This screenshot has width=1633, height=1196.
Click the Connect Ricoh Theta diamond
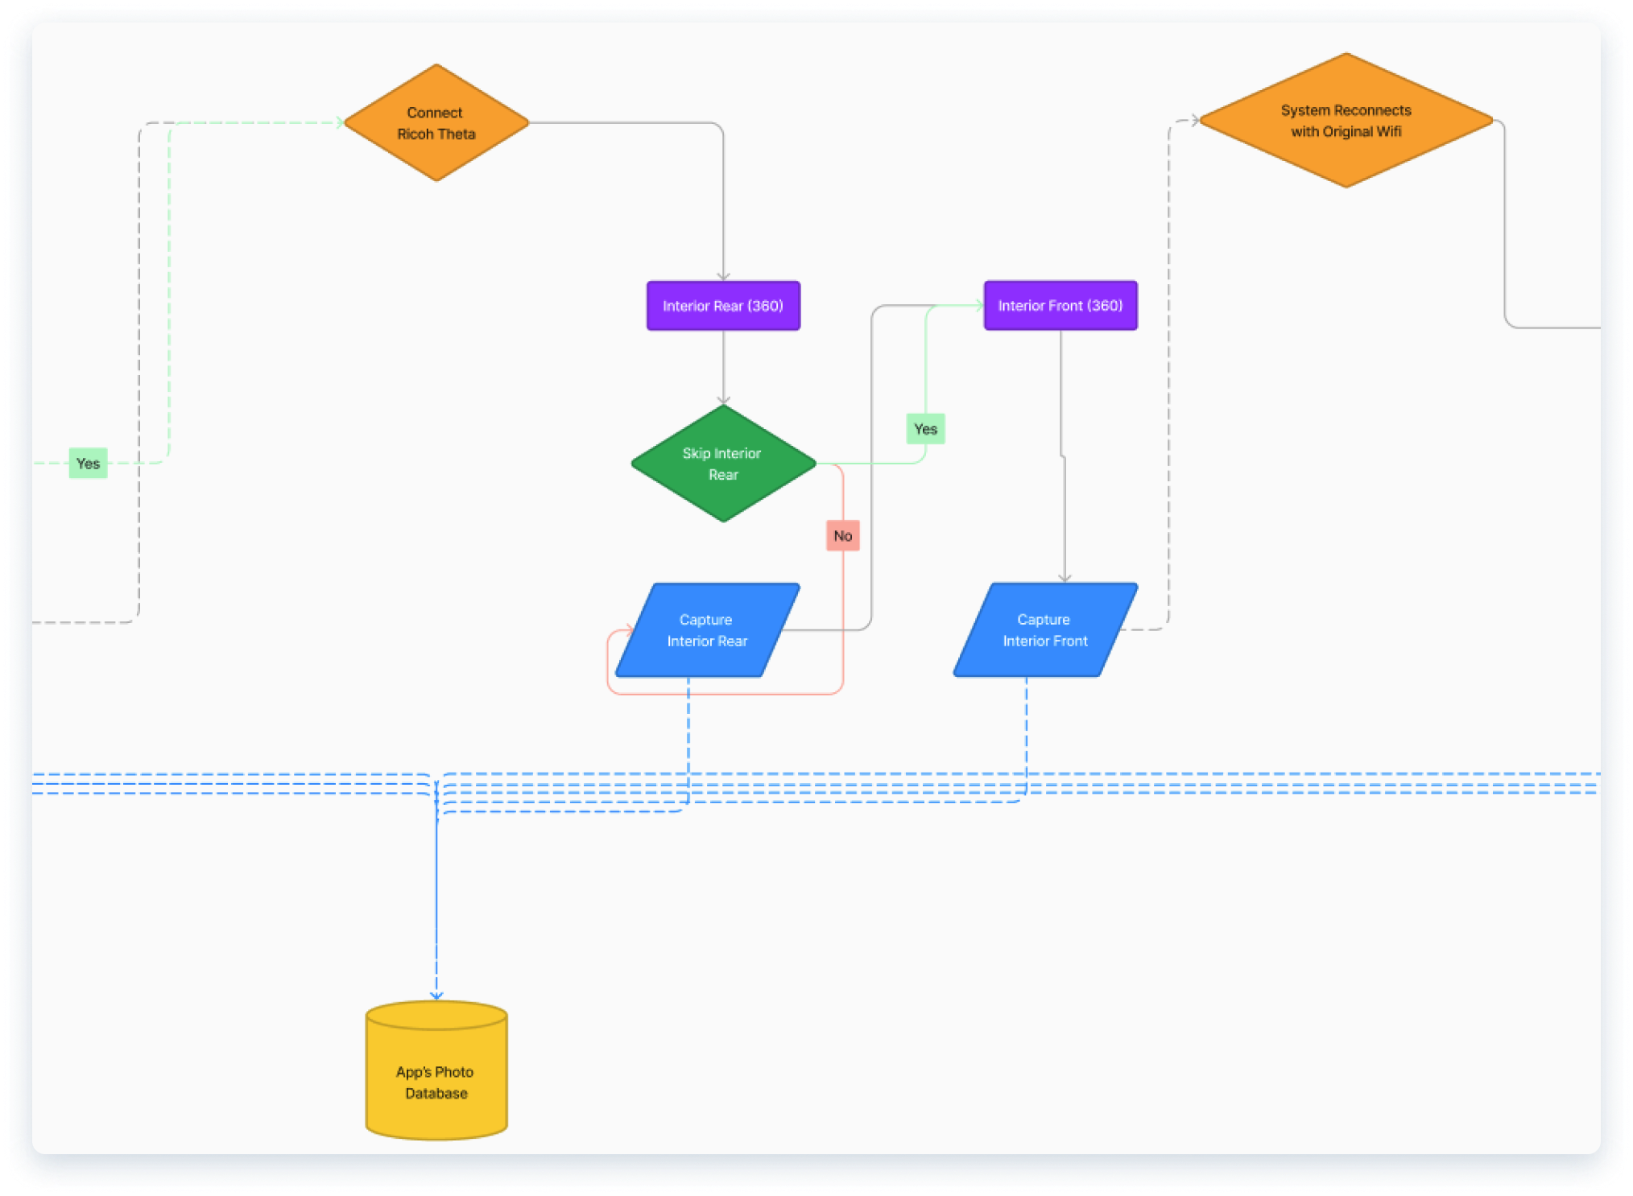pyautogui.click(x=436, y=123)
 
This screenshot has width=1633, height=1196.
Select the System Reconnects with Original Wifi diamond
pyautogui.click(x=1346, y=121)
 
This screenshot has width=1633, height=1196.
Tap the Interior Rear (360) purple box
pyautogui.click(x=723, y=306)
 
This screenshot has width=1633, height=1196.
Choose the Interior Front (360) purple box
pyautogui.click(x=1060, y=306)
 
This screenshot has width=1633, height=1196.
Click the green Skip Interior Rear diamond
pyautogui.click(x=723, y=464)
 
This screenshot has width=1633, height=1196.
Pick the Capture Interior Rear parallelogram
pyautogui.click(x=707, y=630)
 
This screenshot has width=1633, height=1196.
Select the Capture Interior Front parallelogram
pyautogui.click(x=1044, y=630)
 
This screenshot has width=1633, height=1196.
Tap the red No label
pyautogui.click(x=842, y=536)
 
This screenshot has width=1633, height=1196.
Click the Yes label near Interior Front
pyautogui.click(x=925, y=429)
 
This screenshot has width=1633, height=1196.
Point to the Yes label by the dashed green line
pyautogui.click(x=88, y=464)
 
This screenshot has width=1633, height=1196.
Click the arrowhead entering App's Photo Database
pyautogui.click(x=436, y=996)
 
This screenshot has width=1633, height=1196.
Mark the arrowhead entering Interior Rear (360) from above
pyautogui.click(x=723, y=277)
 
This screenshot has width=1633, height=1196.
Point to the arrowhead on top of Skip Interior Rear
pyautogui.click(x=723, y=400)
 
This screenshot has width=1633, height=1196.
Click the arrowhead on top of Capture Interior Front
pyautogui.click(x=1065, y=578)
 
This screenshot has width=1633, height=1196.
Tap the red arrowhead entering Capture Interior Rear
pyautogui.click(x=630, y=629)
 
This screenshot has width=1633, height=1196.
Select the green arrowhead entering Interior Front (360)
pyautogui.click(x=979, y=305)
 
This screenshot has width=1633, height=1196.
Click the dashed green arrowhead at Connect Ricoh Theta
pyautogui.click(x=340, y=123)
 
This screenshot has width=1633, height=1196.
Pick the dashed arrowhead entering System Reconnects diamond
pyautogui.click(x=1195, y=121)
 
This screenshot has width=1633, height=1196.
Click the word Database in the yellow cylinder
pyautogui.click(x=436, y=1093)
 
